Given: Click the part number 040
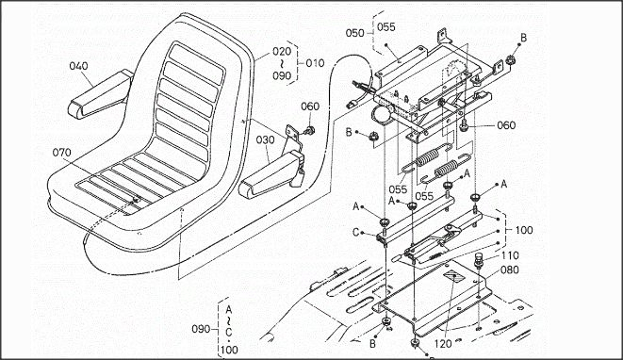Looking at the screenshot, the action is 78,66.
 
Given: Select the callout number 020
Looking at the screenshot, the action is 282,51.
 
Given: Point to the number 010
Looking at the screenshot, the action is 315,63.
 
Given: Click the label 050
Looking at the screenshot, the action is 354,33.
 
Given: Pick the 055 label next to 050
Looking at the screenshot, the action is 386,27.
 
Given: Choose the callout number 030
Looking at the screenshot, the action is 265,139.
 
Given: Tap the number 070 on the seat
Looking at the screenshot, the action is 61,152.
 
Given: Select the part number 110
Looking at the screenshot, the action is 510,255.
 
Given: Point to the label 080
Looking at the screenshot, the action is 510,270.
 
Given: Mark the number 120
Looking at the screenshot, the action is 443,343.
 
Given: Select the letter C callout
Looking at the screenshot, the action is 355,232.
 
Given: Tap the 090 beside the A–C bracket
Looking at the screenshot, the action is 202,329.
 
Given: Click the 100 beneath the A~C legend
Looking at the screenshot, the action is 229,350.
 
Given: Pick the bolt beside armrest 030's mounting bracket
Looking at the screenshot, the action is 309,130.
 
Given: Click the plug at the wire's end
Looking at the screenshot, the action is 350,106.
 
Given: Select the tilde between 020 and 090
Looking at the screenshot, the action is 282,63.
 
